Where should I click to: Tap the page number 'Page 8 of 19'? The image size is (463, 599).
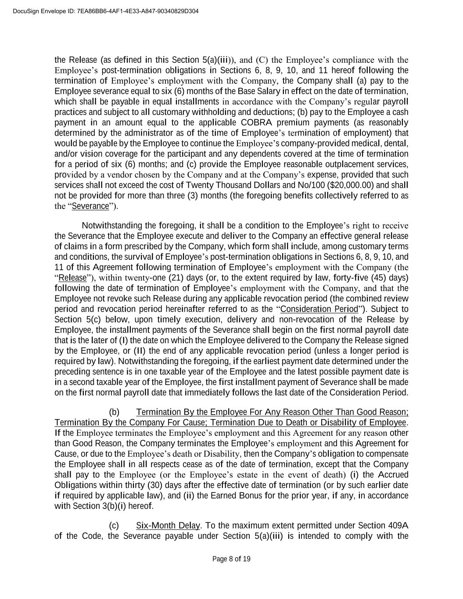point(231,559)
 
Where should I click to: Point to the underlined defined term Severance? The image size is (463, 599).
point(90,206)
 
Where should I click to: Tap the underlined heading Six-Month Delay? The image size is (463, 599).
point(168,525)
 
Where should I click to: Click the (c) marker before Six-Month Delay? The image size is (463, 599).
point(114,525)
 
